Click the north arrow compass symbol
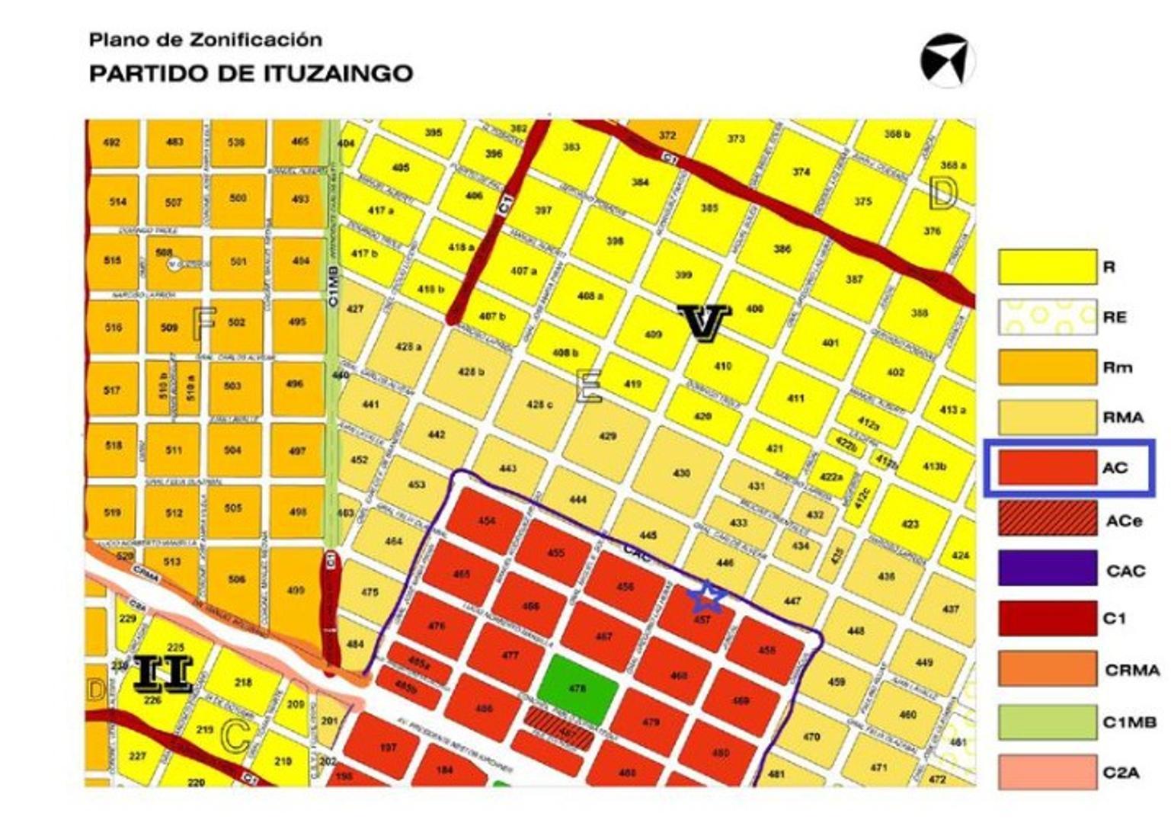tap(947, 60)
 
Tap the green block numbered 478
tap(577, 688)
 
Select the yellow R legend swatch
tap(1048, 267)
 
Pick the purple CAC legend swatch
tap(1048, 568)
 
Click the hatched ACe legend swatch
tap(1048, 519)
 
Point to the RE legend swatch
tap(1048, 317)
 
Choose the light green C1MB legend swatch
tap(1048, 721)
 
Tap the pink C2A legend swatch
tap(1048, 771)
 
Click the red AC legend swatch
tap(1048, 467)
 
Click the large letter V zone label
tap(703, 322)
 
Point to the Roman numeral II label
tap(163, 674)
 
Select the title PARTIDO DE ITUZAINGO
tap(251, 73)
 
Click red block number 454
tap(487, 520)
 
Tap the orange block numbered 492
tap(112, 143)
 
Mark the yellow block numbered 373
tap(735, 140)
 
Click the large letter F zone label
tap(203, 323)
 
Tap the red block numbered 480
tap(720, 753)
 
